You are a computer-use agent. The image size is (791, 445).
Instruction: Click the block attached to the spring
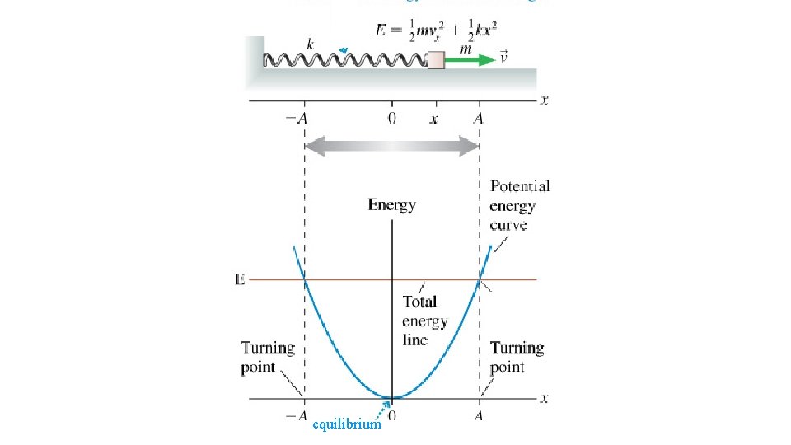tap(437, 59)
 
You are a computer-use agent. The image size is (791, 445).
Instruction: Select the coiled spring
tap(344, 59)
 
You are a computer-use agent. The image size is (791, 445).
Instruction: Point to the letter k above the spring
tap(310, 44)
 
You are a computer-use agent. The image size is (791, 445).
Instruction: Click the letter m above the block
tap(465, 48)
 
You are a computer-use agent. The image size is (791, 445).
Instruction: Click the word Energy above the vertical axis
tap(392, 204)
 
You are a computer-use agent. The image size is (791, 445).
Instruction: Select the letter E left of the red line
tap(240, 280)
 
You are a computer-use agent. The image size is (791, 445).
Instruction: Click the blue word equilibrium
tap(347, 424)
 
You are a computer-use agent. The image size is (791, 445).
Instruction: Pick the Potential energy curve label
tap(519, 206)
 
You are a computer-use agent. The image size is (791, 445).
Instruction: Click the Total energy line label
tap(425, 321)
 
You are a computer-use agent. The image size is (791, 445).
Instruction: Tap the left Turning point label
tap(268, 358)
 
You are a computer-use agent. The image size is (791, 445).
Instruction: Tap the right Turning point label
tap(517, 358)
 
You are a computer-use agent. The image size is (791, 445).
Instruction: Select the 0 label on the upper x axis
tap(392, 119)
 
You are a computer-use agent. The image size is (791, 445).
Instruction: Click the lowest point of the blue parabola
tap(392, 398)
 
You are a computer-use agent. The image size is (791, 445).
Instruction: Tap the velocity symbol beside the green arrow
tap(504, 59)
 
